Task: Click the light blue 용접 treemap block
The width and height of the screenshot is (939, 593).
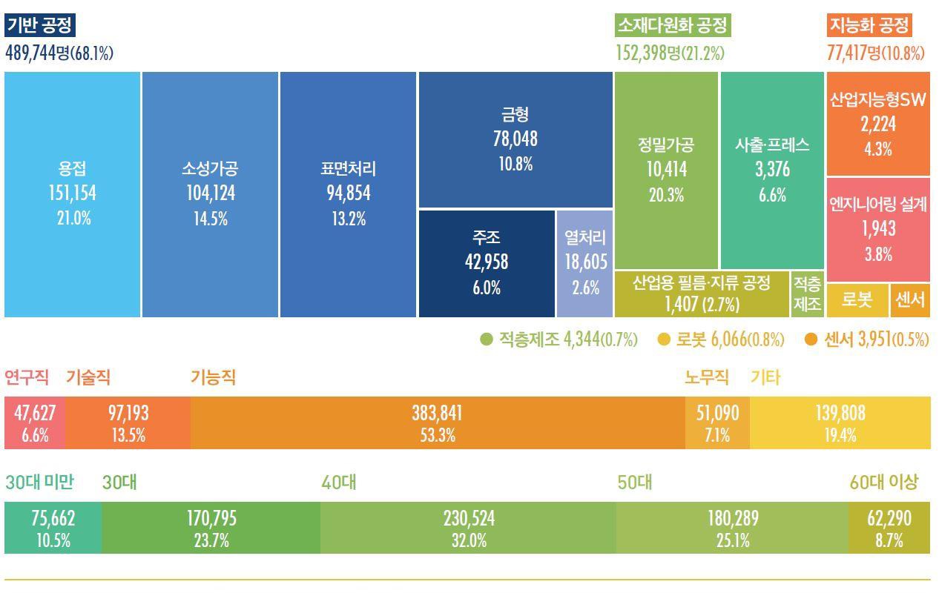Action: point(72,194)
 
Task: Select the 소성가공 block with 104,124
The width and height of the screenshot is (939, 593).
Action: point(210,194)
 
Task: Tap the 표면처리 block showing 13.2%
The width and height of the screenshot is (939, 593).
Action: point(348,194)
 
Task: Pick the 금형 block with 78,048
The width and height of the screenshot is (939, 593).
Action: point(515,139)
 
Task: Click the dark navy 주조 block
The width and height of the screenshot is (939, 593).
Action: point(487,263)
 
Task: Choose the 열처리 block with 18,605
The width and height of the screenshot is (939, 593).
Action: point(585,263)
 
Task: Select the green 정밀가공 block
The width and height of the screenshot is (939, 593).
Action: point(666,170)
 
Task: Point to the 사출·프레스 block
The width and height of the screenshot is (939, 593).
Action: point(772,170)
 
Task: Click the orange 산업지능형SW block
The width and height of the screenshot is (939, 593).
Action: point(877,124)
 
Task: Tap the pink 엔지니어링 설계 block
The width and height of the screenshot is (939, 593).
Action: point(877,229)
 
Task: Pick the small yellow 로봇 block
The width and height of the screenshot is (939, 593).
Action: point(857,300)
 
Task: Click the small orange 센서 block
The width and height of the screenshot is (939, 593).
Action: point(910,300)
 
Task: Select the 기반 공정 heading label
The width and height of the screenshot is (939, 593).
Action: point(40,25)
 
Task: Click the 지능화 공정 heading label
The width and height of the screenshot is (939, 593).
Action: point(869,25)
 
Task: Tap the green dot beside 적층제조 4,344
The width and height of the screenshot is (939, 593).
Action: point(487,340)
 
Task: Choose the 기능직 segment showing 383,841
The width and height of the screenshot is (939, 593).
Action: point(438,423)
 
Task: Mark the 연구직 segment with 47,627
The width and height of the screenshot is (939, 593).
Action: point(35,423)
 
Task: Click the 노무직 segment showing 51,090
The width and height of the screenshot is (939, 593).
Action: point(717,423)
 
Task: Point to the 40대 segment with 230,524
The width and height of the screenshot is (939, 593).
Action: point(469,528)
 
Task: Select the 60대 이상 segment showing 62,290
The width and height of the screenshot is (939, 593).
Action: point(889,528)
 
